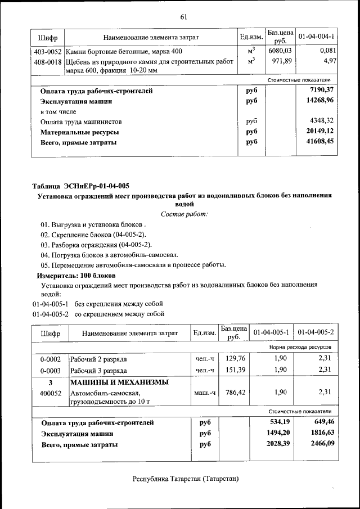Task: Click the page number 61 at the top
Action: click(183, 17)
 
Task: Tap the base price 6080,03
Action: click(280, 52)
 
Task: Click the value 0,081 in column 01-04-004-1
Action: click(326, 52)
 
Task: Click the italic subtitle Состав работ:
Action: click(184, 214)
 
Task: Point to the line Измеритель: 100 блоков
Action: click(76, 276)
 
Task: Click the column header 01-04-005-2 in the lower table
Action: click(316, 333)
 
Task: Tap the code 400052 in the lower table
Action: click(50, 393)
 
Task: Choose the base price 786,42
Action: click(234, 393)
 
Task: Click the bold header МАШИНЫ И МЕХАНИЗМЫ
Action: click(119, 382)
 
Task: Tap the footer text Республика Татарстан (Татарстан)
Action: click(186, 479)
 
